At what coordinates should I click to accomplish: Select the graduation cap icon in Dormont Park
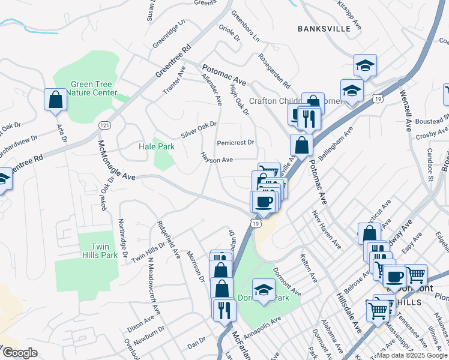[x=264, y=290]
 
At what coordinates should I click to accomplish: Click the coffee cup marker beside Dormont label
[x=395, y=277]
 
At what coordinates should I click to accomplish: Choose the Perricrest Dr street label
[x=236, y=143]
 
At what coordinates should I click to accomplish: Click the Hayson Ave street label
[x=217, y=160]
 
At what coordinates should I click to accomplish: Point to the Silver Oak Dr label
[x=199, y=128]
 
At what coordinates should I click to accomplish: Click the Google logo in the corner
[x=20, y=353]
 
